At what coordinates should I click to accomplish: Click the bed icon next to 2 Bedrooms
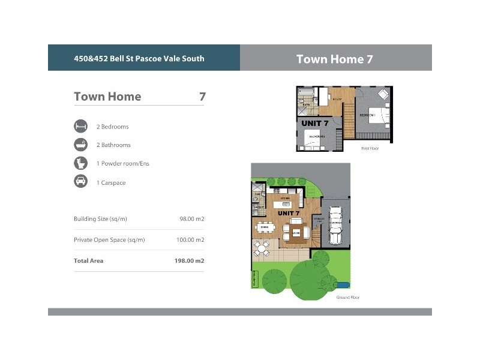pos(80,127)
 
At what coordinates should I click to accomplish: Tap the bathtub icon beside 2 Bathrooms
pos(80,145)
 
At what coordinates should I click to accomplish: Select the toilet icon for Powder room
pos(80,163)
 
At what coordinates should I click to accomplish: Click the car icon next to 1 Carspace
pos(80,182)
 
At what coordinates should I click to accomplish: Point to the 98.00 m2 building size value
pos(192,219)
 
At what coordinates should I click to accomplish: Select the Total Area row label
pos(88,261)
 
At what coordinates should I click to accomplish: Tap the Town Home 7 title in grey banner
pos(335,59)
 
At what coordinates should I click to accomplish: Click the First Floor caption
pos(370,148)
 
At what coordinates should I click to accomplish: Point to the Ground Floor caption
pos(347,298)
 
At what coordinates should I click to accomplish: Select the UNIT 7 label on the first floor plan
pos(315,124)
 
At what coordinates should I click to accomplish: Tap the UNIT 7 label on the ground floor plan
pos(289,213)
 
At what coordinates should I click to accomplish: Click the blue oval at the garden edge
pos(343,284)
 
